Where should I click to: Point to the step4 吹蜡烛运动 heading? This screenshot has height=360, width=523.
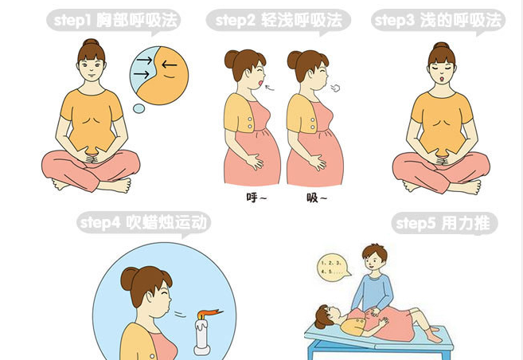click(x=144, y=223)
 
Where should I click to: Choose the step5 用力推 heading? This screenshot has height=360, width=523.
click(x=444, y=224)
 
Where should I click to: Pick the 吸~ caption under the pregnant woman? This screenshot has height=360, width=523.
click(x=316, y=196)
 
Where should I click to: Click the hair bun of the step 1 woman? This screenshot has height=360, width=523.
click(x=91, y=46)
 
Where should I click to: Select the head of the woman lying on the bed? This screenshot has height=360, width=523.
click(x=326, y=315)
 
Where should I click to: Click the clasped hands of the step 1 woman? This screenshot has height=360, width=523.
click(x=90, y=156)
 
